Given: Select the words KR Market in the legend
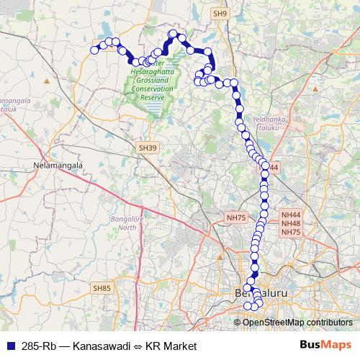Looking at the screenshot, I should pos(171,346).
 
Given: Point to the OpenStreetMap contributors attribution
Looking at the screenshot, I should pos(297,322).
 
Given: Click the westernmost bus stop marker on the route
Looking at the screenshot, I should pos(94,50).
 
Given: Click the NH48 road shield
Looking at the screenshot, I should pos(292,223).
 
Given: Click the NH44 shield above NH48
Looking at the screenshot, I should pos(292,215).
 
